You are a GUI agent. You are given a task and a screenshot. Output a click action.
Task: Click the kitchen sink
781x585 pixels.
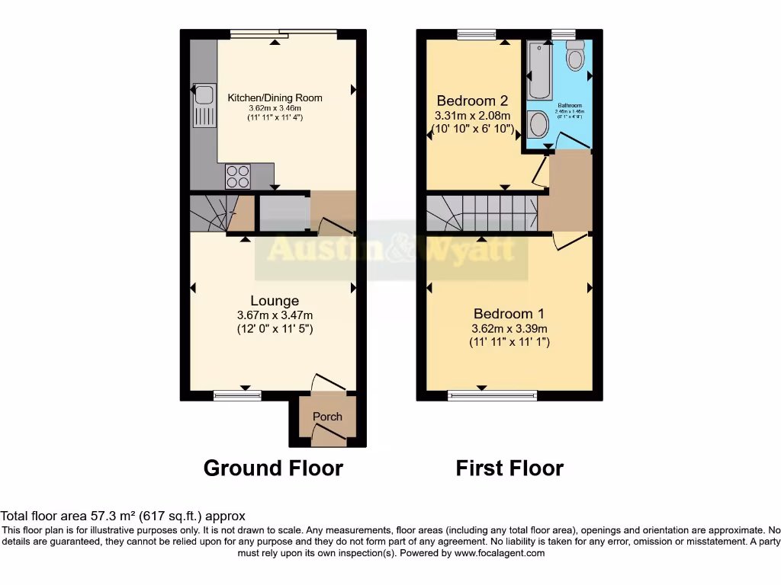pos(204,105)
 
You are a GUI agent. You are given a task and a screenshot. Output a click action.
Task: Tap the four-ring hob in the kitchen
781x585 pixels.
pos(237,176)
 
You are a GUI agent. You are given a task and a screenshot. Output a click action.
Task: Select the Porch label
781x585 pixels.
pos(327,417)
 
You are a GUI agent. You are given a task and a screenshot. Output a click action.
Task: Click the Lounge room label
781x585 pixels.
pos(275,301)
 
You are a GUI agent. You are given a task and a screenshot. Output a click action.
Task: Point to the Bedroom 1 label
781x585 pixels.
pos(509,314)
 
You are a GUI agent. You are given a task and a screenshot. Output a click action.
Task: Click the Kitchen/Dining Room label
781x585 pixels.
pos(275,97)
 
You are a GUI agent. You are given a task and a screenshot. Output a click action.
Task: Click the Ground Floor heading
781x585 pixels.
pos(273,468)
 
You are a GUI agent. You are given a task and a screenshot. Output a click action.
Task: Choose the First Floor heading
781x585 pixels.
pos(509,468)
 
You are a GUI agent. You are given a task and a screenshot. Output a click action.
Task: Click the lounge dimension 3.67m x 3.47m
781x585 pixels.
pos(275,315)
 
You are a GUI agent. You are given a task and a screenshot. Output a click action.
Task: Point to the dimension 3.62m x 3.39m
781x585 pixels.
pos(509,329)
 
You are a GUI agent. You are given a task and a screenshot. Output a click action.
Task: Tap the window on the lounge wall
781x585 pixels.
pos(237,395)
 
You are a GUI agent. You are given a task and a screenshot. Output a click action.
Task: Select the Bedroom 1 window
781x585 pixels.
pos(492,395)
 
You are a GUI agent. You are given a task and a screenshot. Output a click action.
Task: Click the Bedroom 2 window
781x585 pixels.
pos(476,34)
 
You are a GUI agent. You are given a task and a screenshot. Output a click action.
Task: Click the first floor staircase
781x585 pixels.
pos(480,211)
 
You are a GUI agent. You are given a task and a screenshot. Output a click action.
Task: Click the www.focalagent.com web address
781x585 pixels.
pos(499,554)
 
